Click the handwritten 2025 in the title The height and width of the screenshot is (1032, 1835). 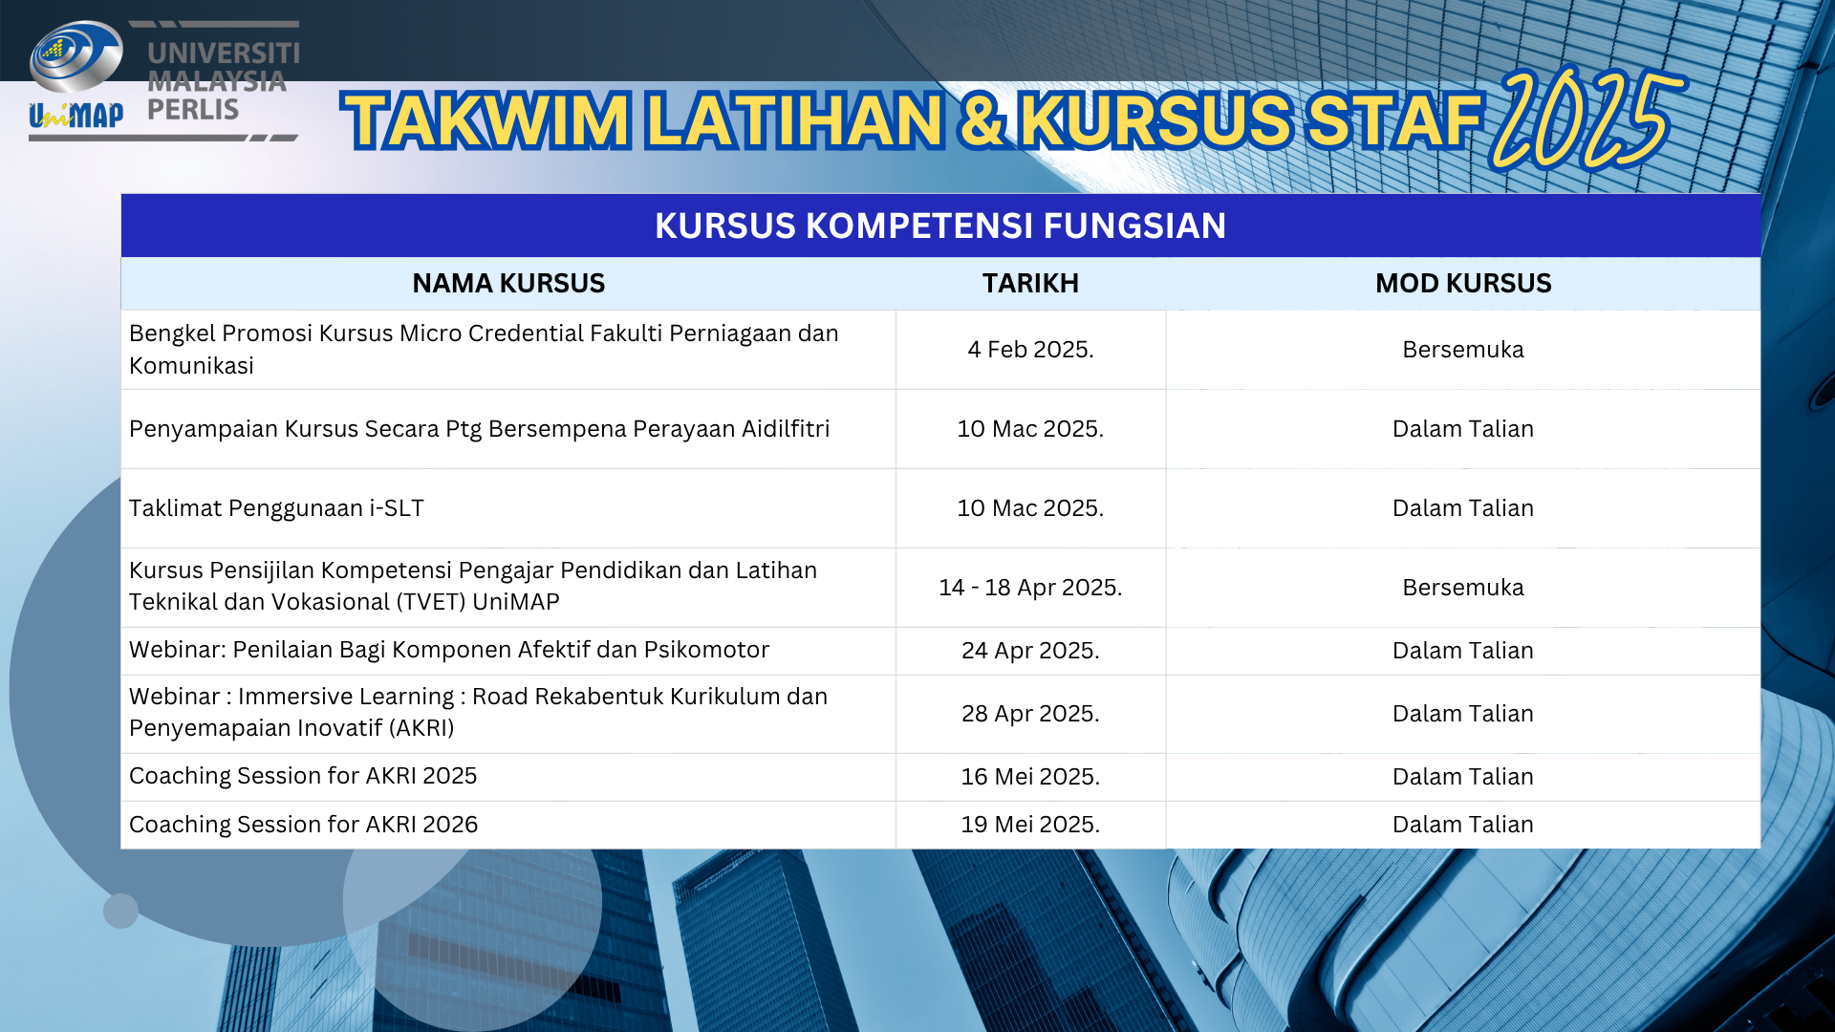[1587, 118]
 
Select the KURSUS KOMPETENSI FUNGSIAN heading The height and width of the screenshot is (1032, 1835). [940, 226]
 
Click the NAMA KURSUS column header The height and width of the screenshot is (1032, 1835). [508, 283]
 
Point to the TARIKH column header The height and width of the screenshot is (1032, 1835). [1030, 283]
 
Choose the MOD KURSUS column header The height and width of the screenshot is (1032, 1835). [1463, 283]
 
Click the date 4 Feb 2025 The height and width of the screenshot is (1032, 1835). [1030, 350]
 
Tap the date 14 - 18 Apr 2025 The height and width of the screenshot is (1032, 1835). [1030, 588]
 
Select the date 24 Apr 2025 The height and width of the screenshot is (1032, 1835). [1030, 651]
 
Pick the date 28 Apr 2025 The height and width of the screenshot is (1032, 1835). [1030, 714]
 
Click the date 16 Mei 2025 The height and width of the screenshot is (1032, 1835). [1030, 777]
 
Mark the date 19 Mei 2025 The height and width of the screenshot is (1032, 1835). [1030, 825]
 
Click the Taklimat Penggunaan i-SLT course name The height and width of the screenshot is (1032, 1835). [276, 508]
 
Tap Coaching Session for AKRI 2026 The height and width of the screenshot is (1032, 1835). [303, 825]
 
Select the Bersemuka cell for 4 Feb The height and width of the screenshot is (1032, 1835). [1463, 350]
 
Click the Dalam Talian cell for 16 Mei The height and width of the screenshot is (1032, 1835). [1463, 777]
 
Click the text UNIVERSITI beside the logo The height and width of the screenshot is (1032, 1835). [224, 54]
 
